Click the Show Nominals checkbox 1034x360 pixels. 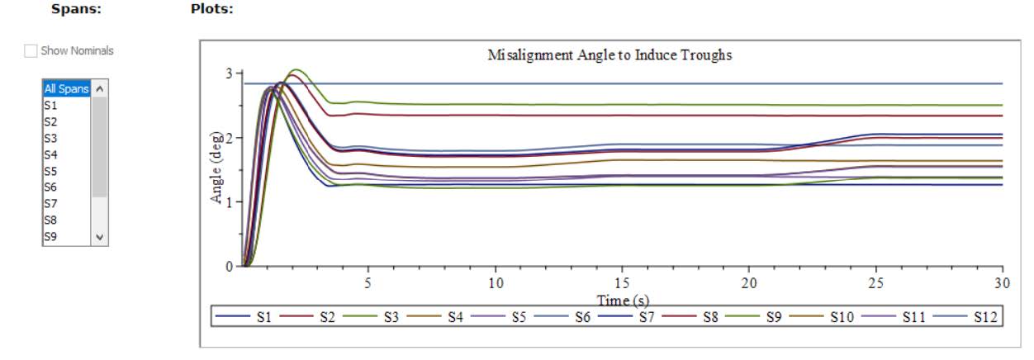tap(31, 51)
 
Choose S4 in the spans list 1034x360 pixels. tap(50, 154)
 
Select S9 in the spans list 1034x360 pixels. tap(50, 236)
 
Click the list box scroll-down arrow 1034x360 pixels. tap(100, 237)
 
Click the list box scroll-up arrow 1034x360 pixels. tap(100, 87)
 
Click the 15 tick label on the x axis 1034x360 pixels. tap(621, 282)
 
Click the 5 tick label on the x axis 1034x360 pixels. tap(368, 282)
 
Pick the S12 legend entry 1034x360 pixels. tap(978, 317)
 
